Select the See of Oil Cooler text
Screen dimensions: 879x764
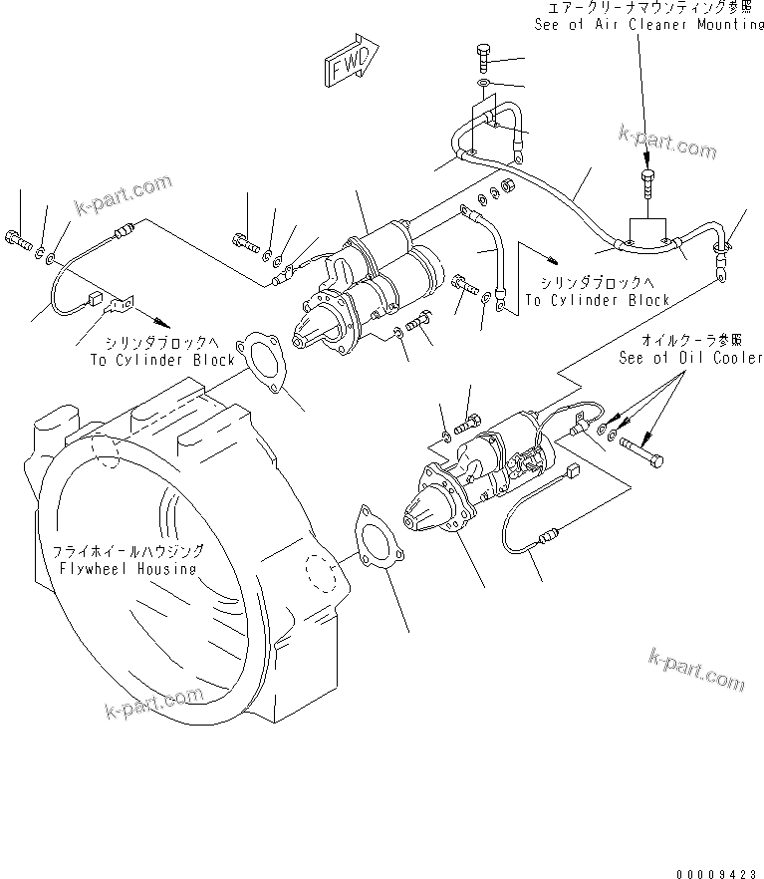click(x=690, y=357)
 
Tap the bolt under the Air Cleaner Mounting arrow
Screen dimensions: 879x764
click(x=648, y=180)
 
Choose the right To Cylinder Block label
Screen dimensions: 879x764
click(x=597, y=300)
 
